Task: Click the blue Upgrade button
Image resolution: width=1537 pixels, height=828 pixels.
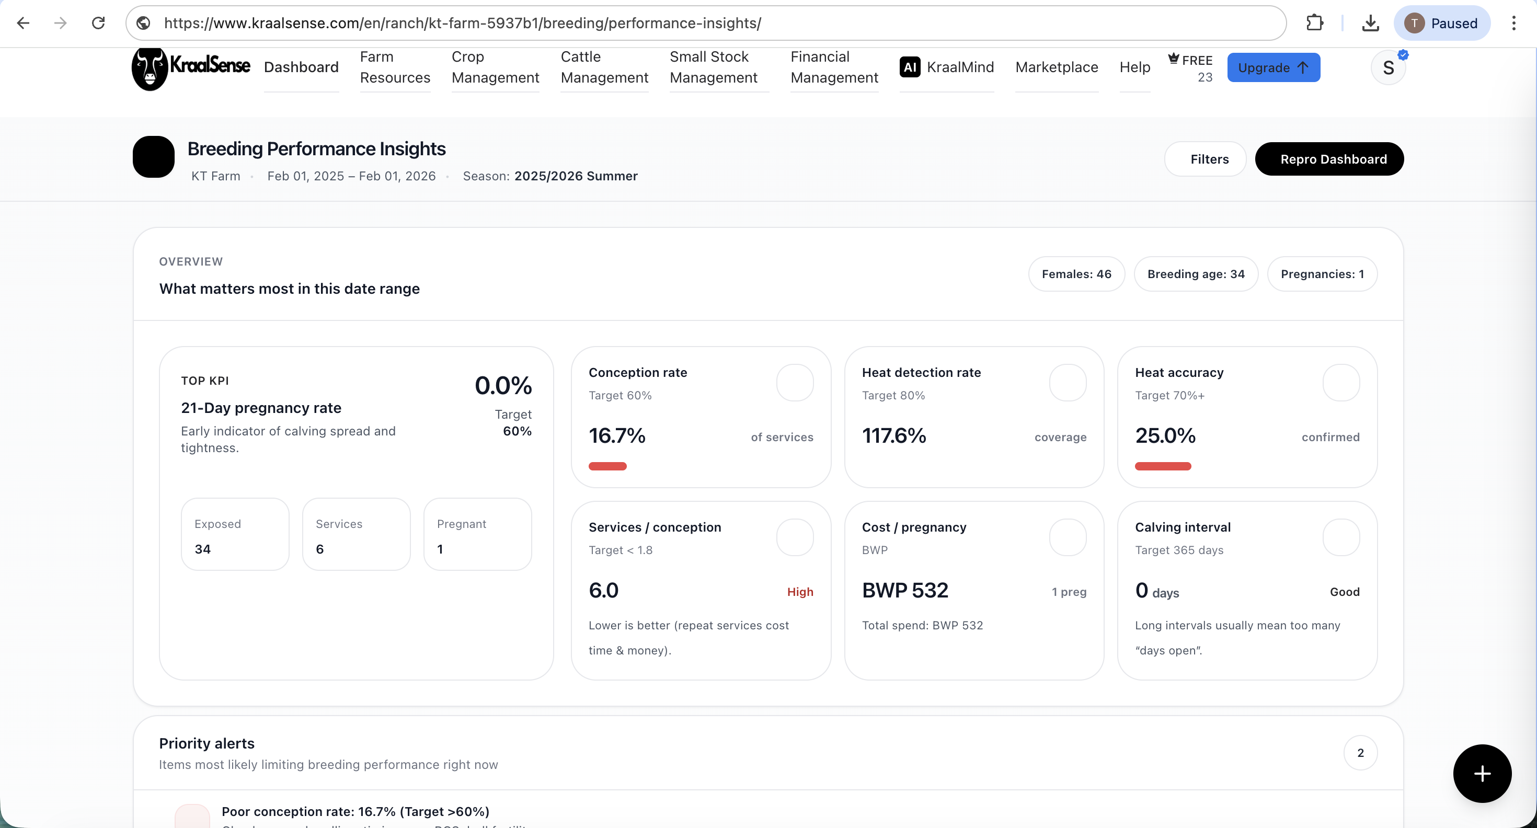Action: pos(1272,67)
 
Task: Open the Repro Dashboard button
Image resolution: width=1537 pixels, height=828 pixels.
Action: pos(1329,159)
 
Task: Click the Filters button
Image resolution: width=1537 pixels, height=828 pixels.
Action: pos(1205,159)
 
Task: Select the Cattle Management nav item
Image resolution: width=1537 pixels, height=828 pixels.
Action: pos(604,67)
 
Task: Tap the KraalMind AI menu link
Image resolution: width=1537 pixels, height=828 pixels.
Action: pos(946,67)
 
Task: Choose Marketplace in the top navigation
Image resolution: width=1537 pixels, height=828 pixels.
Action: pos(1056,67)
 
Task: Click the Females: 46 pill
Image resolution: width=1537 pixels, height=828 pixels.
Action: pos(1076,274)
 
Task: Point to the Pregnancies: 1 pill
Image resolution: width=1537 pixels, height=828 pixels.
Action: pos(1322,274)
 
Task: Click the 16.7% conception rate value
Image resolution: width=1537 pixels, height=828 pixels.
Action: pos(617,436)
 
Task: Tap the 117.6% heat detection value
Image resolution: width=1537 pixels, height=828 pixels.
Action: pos(894,436)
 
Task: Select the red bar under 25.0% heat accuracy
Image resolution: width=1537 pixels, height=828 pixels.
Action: pos(1162,466)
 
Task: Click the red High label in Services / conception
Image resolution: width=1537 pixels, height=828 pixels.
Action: pos(799,592)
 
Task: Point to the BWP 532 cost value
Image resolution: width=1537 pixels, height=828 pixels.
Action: pos(904,591)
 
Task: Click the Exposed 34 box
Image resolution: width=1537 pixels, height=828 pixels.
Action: pos(235,535)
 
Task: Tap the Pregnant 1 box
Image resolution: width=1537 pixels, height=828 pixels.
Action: pos(477,535)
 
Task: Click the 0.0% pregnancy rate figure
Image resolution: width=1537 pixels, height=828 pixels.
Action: pos(502,386)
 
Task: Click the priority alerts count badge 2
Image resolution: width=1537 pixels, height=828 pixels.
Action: pos(1360,753)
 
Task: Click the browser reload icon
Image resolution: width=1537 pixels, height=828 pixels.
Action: pos(98,24)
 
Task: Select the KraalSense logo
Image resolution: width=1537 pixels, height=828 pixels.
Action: pos(191,67)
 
